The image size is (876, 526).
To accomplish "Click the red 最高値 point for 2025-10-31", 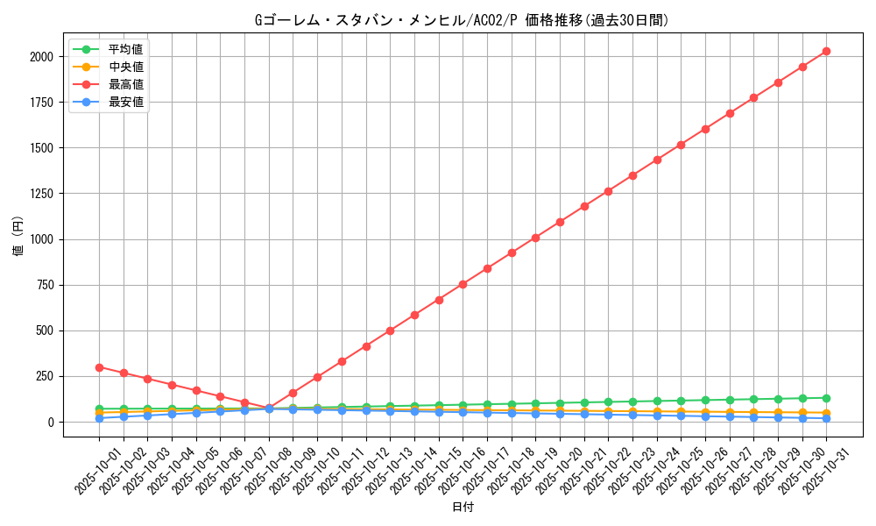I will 826,51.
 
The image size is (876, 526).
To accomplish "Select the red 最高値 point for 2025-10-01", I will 99,367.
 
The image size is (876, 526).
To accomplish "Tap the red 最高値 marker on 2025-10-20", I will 560,222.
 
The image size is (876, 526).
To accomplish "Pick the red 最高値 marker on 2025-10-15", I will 439,300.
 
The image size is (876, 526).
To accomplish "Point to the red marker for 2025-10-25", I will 681,144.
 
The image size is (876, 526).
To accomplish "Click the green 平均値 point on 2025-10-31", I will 826,398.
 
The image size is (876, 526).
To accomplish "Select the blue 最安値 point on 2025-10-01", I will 99,418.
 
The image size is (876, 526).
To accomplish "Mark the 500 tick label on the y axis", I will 43,331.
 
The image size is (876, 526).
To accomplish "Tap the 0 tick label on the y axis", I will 50,423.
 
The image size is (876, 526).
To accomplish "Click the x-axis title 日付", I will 463,508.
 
